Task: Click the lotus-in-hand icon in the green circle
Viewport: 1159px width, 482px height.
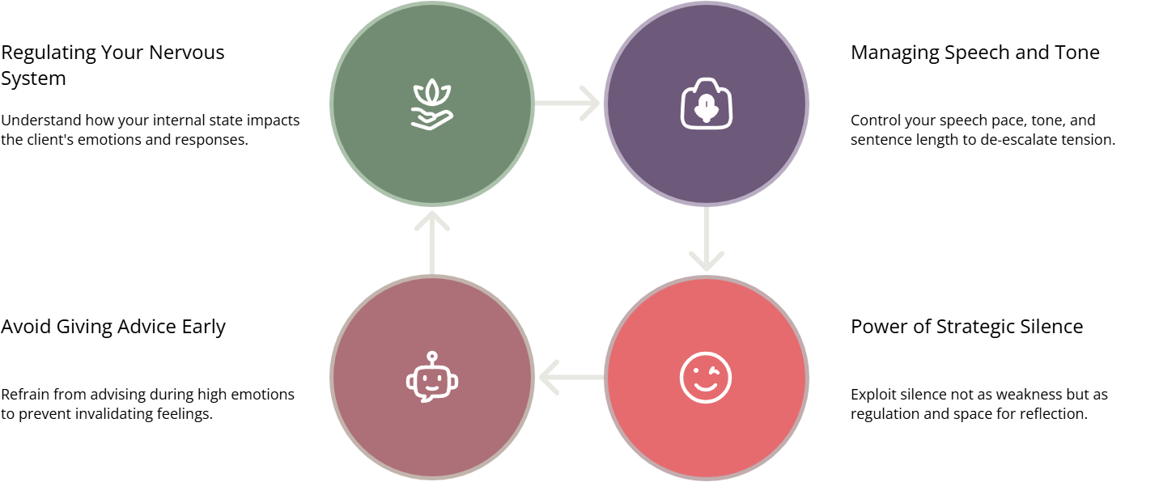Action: pyautogui.click(x=432, y=104)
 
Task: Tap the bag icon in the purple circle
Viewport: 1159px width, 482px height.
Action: pyautogui.click(x=707, y=104)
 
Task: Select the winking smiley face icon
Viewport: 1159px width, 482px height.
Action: pyautogui.click(x=706, y=377)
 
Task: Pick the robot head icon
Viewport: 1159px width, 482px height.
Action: pyautogui.click(x=432, y=378)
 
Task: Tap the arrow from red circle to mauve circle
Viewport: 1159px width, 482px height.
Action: pyautogui.click(x=570, y=377)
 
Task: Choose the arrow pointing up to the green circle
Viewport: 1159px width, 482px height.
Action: pyautogui.click(x=432, y=241)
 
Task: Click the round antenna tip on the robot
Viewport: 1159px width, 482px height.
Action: pyautogui.click(x=432, y=355)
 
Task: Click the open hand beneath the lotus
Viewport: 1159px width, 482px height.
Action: pyautogui.click(x=432, y=120)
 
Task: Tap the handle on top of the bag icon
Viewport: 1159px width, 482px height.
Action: pyautogui.click(x=707, y=82)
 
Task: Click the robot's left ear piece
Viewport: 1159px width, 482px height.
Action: pyautogui.click(x=410, y=381)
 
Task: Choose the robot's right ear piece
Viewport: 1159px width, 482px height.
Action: pyautogui.click(x=455, y=381)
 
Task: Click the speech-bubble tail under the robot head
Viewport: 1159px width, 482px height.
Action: pyautogui.click(x=424, y=398)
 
